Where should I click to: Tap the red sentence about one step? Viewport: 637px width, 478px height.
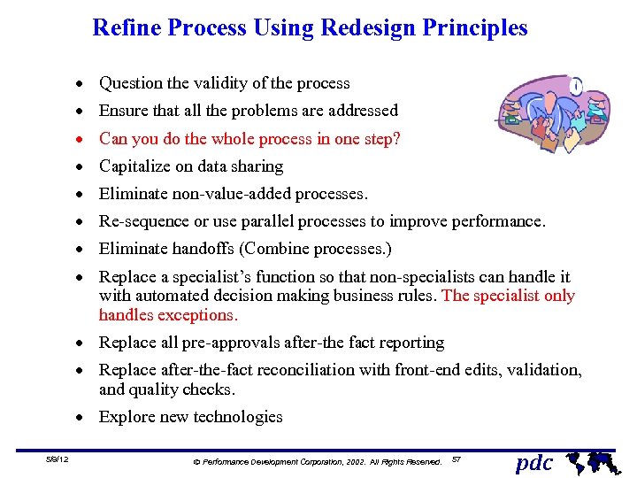pyautogui.click(x=249, y=139)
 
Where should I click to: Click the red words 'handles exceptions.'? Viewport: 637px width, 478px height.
pyautogui.click(x=168, y=315)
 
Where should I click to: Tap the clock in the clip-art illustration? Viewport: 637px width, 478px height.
pyautogui.click(x=576, y=87)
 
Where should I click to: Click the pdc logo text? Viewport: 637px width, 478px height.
pyautogui.click(x=533, y=462)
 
